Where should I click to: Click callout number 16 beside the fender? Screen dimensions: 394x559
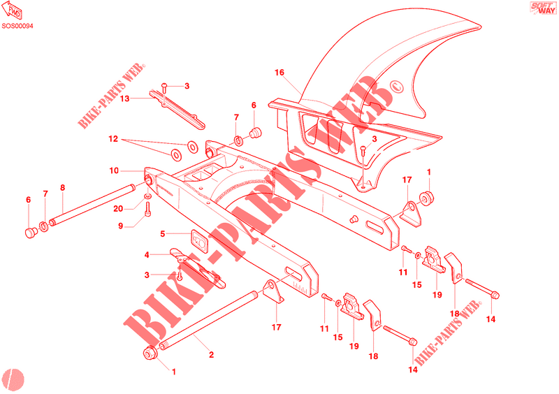279,73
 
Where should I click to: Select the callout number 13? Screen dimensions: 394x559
124,99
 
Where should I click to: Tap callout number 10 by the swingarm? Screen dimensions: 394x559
115,170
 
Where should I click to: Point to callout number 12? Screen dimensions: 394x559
113,139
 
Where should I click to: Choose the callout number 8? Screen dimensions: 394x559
62,187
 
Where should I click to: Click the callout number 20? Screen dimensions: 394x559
119,209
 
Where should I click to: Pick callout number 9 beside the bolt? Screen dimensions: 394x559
120,226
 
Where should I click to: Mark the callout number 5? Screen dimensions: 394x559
163,234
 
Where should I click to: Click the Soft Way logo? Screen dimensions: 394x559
538,10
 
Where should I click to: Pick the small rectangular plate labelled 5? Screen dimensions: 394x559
200,240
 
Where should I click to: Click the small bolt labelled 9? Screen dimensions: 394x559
148,210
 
